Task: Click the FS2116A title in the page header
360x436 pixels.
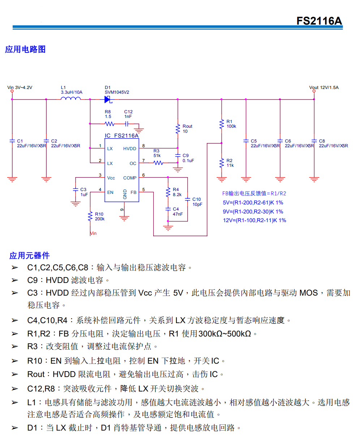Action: pos(319,21)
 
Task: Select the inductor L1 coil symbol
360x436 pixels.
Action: pos(71,99)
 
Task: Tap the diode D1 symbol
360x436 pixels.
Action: pos(107,99)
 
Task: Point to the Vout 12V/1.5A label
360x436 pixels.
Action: pos(324,88)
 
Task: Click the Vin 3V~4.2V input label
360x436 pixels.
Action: pos(20,88)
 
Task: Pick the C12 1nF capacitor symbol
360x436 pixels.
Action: pos(127,124)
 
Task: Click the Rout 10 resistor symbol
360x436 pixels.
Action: pos(177,129)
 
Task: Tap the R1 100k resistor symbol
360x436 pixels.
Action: pos(222,124)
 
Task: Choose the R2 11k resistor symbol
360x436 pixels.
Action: pos(222,163)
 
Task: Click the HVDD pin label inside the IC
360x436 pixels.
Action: pos(130,149)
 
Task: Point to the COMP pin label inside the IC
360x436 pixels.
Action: pos(130,178)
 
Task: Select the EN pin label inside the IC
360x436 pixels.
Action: pos(110,192)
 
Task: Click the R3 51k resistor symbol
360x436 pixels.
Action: pos(158,163)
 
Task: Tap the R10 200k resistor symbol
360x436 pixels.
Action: pos(90,216)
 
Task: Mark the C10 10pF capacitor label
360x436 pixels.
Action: pos(197,202)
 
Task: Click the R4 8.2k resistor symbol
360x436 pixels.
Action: pos(168,192)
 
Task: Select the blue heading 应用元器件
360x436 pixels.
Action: pos(30,256)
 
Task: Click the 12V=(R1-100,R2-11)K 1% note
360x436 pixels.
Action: pos(254,220)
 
